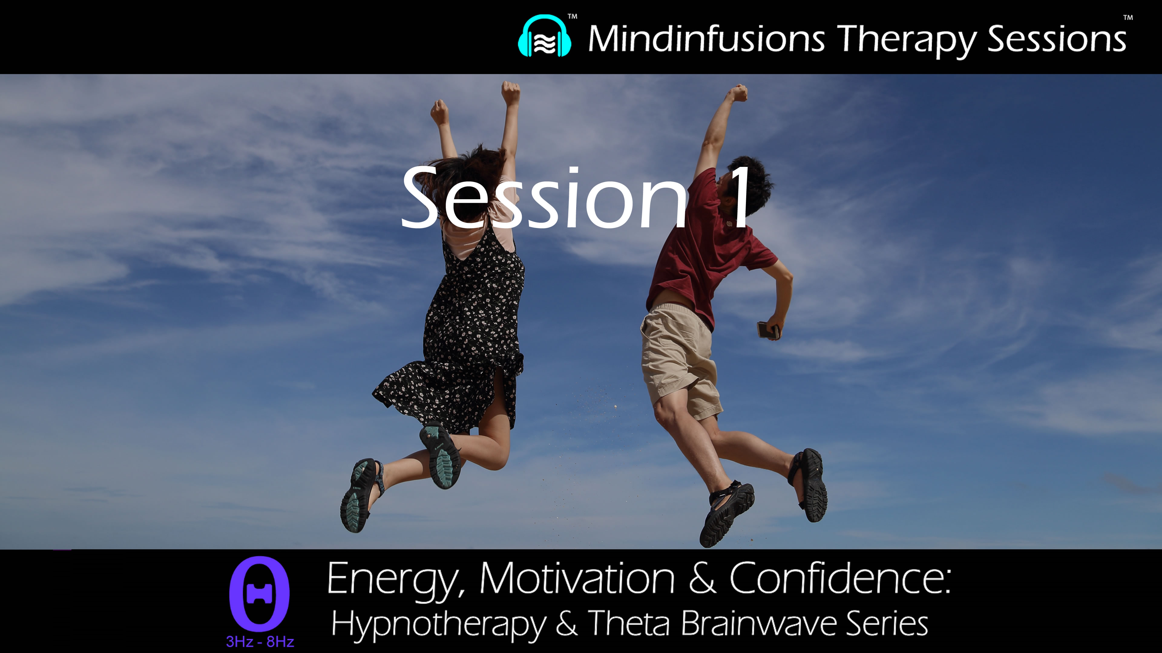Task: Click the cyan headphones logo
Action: click(544, 37)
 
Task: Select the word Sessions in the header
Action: click(1056, 40)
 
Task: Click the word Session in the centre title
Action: click(543, 198)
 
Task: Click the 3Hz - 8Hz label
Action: click(260, 641)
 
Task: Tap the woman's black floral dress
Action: click(469, 324)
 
